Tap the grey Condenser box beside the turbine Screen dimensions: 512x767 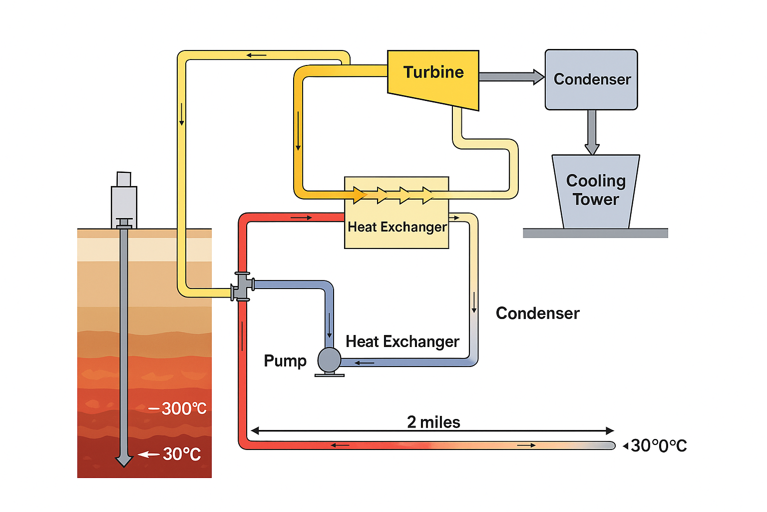click(x=591, y=79)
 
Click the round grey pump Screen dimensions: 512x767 click(x=329, y=359)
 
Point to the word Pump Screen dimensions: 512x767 click(x=285, y=360)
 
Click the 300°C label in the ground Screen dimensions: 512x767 click(x=183, y=408)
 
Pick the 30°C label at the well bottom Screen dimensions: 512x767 click(x=181, y=454)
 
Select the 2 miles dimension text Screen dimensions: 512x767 click(x=433, y=422)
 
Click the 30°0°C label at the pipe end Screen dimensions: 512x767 click(x=658, y=445)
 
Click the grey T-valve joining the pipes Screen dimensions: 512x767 click(x=243, y=286)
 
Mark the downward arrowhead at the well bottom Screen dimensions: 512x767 click(x=124, y=460)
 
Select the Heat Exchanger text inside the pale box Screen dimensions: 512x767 click(x=397, y=227)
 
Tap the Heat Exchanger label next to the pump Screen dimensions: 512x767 click(x=402, y=341)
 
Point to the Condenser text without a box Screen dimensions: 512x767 click(x=537, y=313)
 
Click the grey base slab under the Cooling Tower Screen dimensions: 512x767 click(x=595, y=233)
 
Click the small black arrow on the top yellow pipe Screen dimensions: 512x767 click(x=257, y=55)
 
